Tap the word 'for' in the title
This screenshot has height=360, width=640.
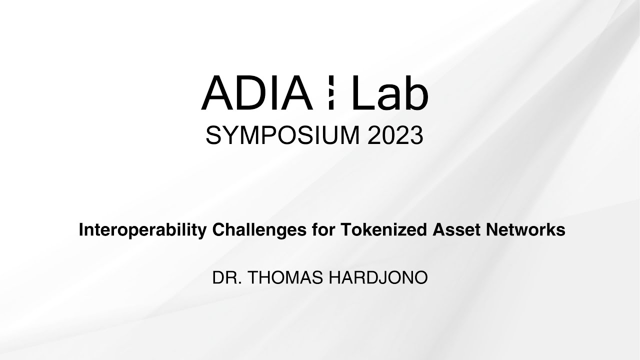pyautogui.click(x=324, y=230)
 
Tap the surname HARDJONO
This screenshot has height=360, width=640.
pyautogui.click(x=377, y=278)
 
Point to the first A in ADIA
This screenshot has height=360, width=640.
pyautogui.click(x=216, y=93)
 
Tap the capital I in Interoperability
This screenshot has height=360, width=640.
pyautogui.click(x=81, y=230)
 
